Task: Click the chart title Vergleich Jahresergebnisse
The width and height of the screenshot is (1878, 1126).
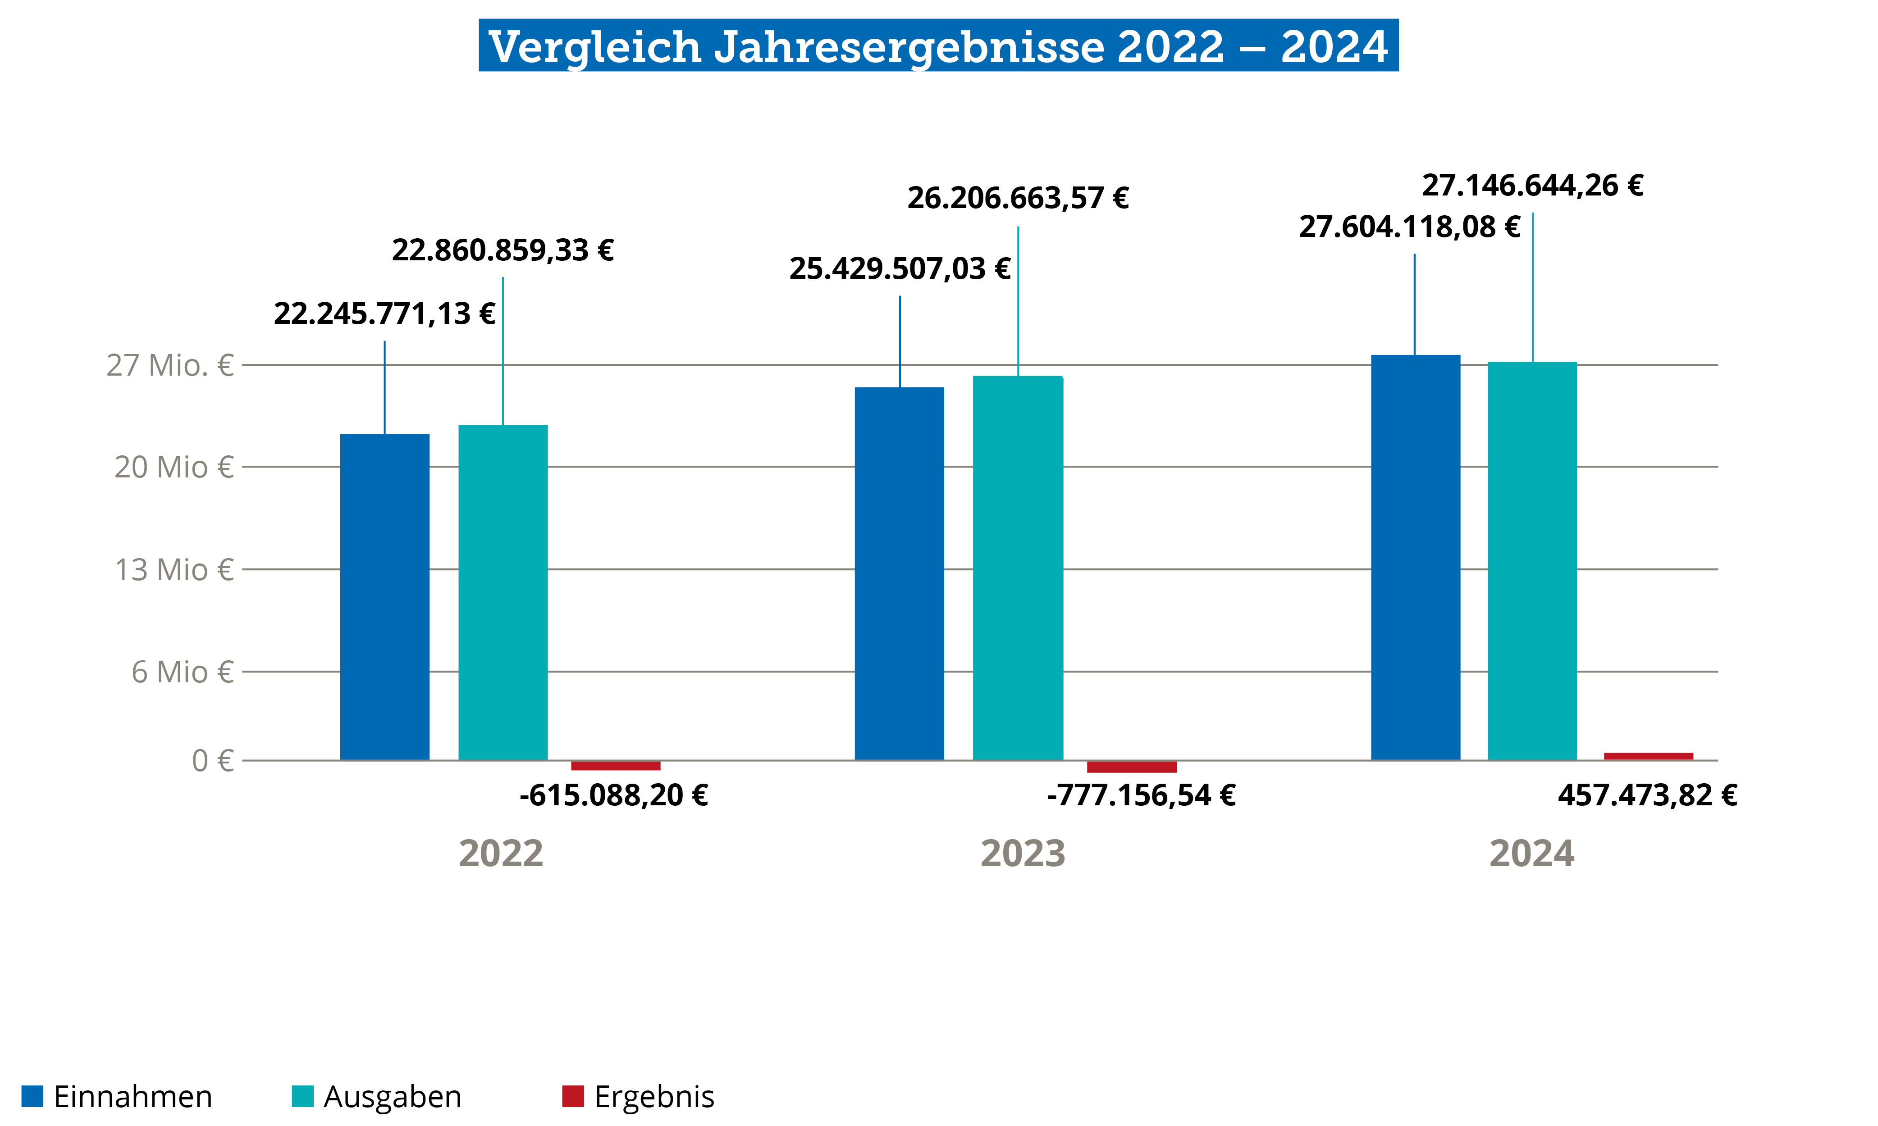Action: click(x=938, y=45)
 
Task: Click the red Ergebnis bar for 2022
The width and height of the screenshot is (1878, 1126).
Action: click(x=616, y=766)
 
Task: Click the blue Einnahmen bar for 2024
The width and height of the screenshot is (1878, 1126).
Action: click(x=1415, y=558)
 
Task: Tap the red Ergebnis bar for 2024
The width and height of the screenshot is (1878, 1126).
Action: click(x=1648, y=756)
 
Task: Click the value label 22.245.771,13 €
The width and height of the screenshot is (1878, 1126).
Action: click(x=384, y=314)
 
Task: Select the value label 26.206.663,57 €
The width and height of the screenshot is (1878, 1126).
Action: click(x=1018, y=198)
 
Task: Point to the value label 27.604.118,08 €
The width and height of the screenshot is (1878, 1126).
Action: click(x=1410, y=227)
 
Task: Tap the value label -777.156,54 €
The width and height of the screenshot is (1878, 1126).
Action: click(x=1141, y=795)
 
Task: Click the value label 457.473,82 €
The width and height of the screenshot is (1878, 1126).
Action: click(x=1647, y=795)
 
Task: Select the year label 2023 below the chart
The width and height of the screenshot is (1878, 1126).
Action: click(x=1023, y=853)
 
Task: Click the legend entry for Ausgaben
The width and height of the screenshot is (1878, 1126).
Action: click(x=377, y=1096)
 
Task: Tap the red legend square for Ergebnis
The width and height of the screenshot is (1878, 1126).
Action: click(x=572, y=1096)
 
